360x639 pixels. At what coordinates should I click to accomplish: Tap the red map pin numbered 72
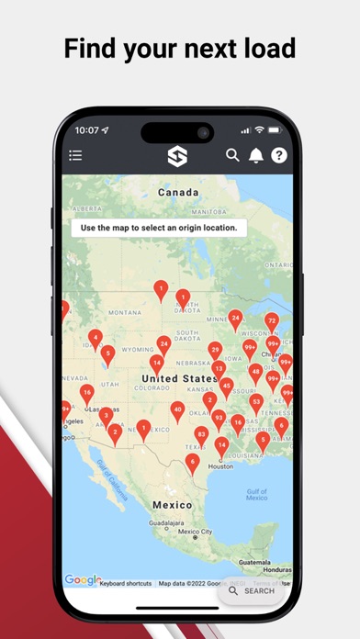[272, 321]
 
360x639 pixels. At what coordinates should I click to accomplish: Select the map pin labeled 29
[215, 351]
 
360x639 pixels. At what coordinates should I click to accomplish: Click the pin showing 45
[226, 386]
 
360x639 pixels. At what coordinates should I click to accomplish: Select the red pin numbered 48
[256, 372]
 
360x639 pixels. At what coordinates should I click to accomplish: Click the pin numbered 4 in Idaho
[95, 338]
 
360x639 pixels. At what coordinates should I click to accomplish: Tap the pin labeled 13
[219, 368]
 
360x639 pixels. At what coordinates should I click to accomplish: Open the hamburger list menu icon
[75, 156]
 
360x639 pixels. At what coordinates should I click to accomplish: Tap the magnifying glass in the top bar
[233, 156]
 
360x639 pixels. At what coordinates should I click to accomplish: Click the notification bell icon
[256, 156]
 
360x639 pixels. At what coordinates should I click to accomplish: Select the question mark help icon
[279, 156]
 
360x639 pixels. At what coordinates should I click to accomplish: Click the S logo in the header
[178, 157]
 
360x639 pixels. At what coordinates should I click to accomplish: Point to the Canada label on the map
[178, 194]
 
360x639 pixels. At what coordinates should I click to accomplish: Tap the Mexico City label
[195, 532]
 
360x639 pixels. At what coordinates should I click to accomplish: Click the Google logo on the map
[83, 579]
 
